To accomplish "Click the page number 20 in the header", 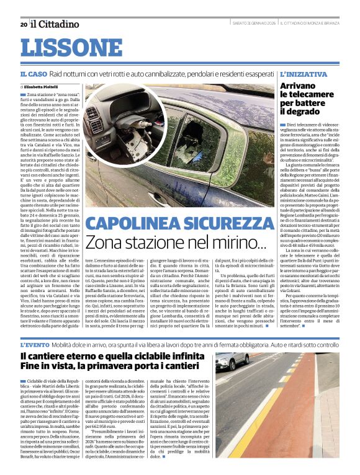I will coord(24,24).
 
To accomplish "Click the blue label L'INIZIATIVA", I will coord(304,74).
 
